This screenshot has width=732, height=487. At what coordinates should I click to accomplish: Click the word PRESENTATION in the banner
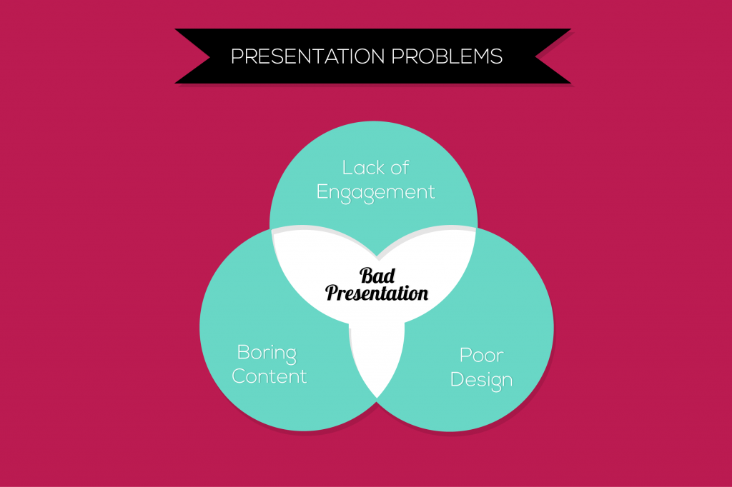307,56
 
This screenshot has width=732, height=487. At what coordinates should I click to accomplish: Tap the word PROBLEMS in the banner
447,56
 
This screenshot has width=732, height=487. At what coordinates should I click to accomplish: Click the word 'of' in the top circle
400,168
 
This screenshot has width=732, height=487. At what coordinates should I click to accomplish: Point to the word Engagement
376,193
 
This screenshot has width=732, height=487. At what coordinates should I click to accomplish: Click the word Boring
267,353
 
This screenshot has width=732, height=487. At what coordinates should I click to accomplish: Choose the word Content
269,376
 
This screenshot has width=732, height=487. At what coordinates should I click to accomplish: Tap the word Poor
482,356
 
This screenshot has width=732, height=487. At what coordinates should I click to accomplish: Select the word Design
481,381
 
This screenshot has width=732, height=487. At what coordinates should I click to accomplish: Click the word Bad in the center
377,276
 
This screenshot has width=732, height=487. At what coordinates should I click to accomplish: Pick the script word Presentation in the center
377,293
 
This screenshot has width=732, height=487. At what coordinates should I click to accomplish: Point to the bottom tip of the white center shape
377,398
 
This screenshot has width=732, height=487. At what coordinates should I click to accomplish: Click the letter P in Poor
465,356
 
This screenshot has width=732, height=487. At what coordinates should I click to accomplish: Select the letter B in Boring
243,352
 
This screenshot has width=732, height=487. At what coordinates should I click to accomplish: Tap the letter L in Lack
347,168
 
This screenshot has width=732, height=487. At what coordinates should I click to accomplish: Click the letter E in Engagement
322,191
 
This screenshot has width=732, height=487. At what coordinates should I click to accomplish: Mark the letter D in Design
457,379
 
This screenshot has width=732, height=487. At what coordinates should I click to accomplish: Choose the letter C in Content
239,376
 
